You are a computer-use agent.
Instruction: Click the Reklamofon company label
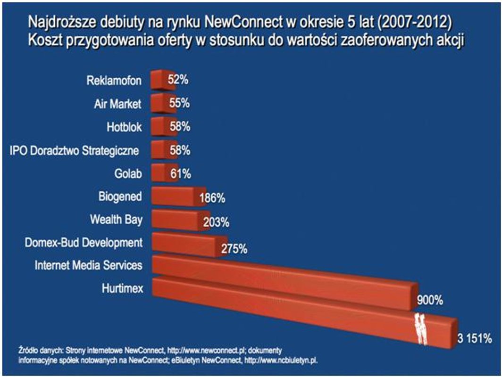pos(114,81)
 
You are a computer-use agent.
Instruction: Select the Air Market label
pos(117,104)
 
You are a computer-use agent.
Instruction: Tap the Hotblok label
pos(124,127)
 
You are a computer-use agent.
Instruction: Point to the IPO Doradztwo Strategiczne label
pos(75,151)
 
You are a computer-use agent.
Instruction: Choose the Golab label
pos(128,173)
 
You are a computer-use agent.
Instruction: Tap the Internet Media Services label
pos(88,265)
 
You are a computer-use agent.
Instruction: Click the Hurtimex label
pos(121,288)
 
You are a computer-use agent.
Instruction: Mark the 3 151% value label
pos(475,338)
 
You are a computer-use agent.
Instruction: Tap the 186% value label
pos(212,198)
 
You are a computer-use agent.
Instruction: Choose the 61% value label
pos(181,174)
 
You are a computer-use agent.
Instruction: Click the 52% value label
pos(178,80)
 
